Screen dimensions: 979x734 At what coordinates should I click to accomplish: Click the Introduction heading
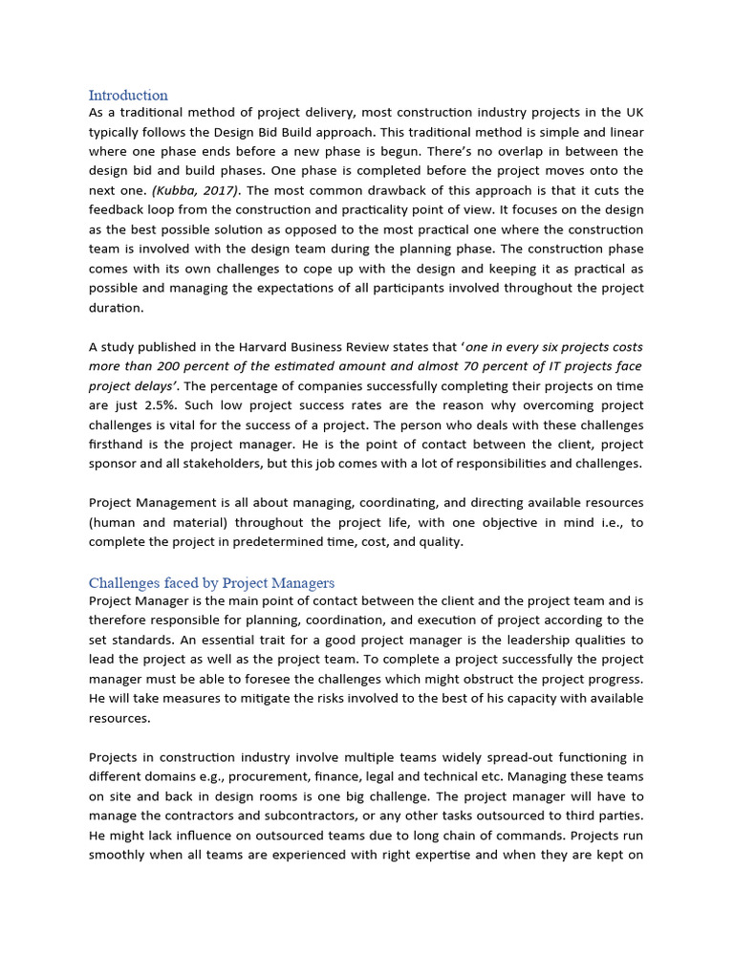click(x=128, y=95)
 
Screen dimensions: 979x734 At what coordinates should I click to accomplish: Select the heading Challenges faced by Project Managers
click(x=211, y=582)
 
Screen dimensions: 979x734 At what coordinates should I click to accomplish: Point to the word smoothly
click(x=119, y=853)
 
